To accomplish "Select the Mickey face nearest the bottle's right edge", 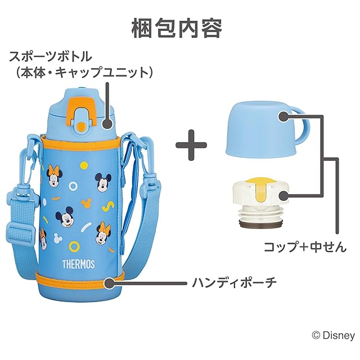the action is point(101,179).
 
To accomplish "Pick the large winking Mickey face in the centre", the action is point(66,217).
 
